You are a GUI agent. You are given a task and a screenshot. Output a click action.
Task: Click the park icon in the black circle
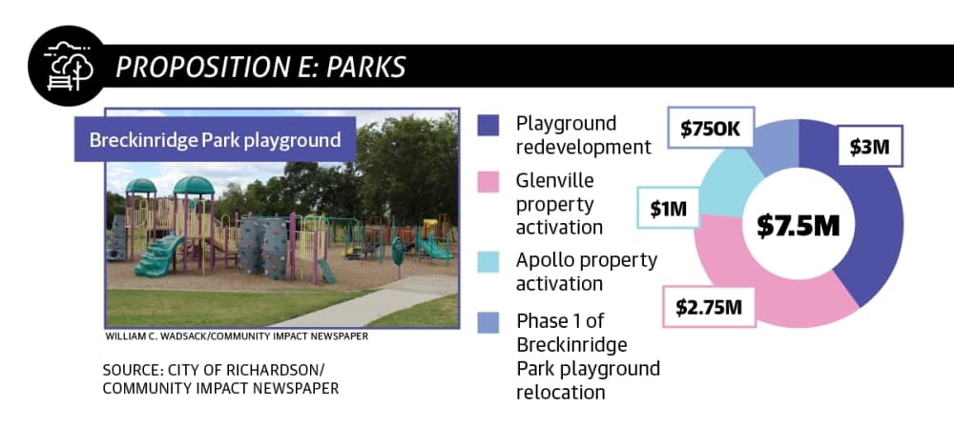pyautogui.click(x=68, y=67)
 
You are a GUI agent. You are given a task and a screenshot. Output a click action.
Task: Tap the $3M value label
pyautogui.click(x=870, y=146)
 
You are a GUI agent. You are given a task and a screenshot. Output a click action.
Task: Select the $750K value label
pyautogui.click(x=711, y=128)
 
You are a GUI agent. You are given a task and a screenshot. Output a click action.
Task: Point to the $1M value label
pyautogui.click(x=668, y=208)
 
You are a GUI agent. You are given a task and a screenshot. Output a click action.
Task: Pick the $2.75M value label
pyautogui.click(x=709, y=307)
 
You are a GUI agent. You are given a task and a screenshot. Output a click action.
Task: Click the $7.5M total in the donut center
pyautogui.click(x=798, y=226)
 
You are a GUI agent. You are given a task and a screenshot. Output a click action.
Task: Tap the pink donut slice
pyautogui.click(x=755, y=286)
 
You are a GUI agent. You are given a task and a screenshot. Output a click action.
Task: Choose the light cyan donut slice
pyautogui.click(x=727, y=182)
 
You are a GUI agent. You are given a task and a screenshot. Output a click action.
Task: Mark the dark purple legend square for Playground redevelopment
pyautogui.click(x=487, y=125)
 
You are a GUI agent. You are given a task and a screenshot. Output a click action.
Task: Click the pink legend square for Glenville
pyautogui.click(x=487, y=181)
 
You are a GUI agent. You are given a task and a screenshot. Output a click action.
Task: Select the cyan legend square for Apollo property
pyautogui.click(x=487, y=261)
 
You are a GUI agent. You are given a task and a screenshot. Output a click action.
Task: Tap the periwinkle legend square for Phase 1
pyautogui.click(x=487, y=322)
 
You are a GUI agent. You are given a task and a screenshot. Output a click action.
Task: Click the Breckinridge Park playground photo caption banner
pyautogui.click(x=215, y=139)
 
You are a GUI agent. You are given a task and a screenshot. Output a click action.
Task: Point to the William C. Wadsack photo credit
pyautogui.click(x=237, y=335)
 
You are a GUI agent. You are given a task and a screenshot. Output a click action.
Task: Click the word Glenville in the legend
pyautogui.click(x=555, y=181)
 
